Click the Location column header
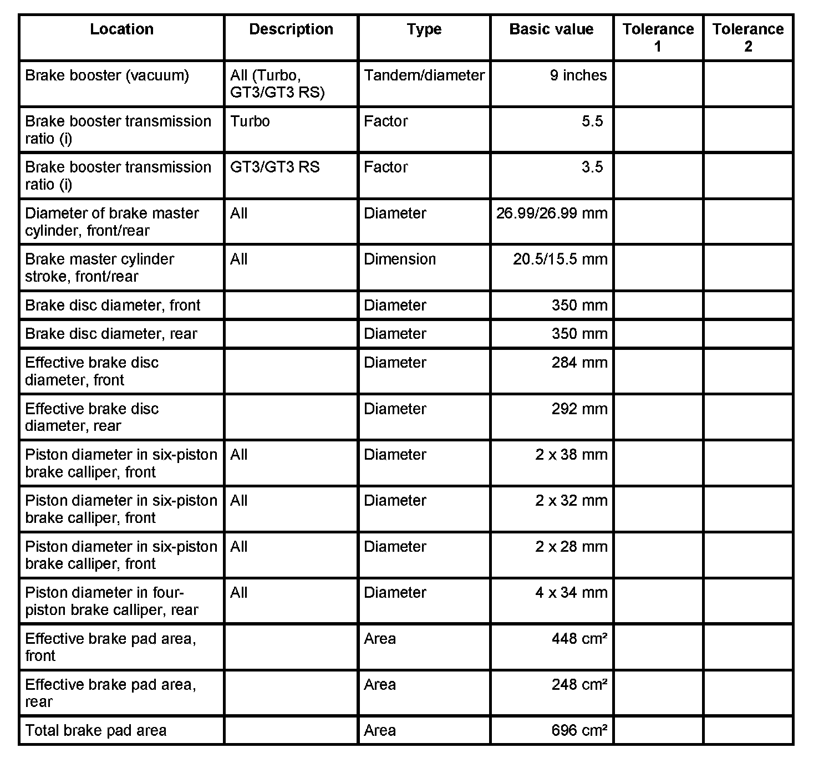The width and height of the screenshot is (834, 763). (x=121, y=29)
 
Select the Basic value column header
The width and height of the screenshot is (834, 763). (x=551, y=29)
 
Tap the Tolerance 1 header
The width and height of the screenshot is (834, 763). (x=658, y=37)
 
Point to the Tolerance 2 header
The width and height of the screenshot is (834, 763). (x=747, y=37)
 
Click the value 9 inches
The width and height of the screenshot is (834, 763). (x=578, y=75)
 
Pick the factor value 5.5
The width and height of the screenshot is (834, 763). (x=592, y=121)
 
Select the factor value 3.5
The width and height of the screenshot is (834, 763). (x=592, y=167)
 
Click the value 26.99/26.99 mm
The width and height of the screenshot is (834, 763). (x=552, y=213)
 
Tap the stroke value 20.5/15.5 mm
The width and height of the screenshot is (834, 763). (x=560, y=260)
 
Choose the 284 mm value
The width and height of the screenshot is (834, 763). (x=579, y=363)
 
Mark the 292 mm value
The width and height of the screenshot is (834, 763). (x=579, y=409)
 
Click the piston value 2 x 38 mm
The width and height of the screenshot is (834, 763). (x=571, y=455)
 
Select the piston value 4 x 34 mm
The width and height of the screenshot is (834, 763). (x=571, y=593)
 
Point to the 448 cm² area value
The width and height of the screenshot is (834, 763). (x=579, y=639)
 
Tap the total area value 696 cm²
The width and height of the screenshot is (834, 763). (x=579, y=731)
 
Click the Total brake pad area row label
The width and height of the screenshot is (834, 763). (x=96, y=731)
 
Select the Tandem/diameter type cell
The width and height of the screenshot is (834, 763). (x=424, y=75)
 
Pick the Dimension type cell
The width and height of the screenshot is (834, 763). (x=400, y=260)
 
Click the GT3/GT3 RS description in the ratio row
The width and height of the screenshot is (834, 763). (x=275, y=167)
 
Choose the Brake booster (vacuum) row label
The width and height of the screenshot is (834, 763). (x=107, y=75)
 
